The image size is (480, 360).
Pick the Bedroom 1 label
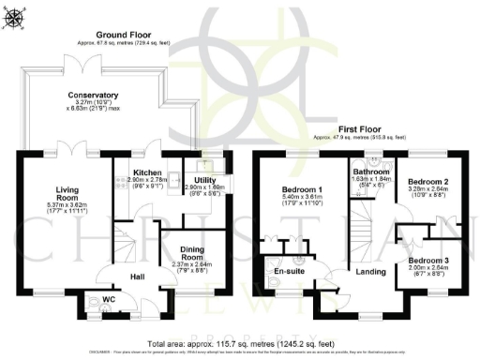[302, 189]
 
